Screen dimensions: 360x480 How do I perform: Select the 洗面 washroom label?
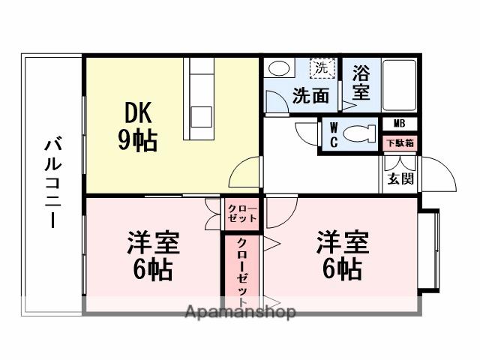pyautogui.click(x=310, y=96)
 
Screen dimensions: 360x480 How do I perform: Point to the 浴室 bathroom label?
pyautogui.click(x=361, y=83)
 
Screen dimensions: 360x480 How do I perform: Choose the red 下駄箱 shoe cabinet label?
pyautogui.click(x=400, y=142)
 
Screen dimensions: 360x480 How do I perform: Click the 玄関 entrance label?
pyautogui.click(x=400, y=180)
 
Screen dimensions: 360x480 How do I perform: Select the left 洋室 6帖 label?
pyautogui.click(x=153, y=255)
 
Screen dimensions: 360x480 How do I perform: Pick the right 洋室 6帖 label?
pyautogui.click(x=342, y=255)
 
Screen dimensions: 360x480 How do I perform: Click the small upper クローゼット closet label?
pyautogui.click(x=241, y=213)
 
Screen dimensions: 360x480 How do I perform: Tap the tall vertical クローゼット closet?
pyautogui.click(x=241, y=266)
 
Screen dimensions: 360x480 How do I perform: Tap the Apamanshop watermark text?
pyautogui.click(x=239, y=312)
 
